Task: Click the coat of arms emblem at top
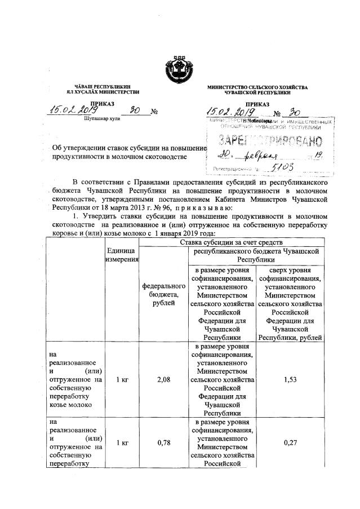click(x=179, y=70)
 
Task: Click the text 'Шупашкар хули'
click(x=100, y=120)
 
